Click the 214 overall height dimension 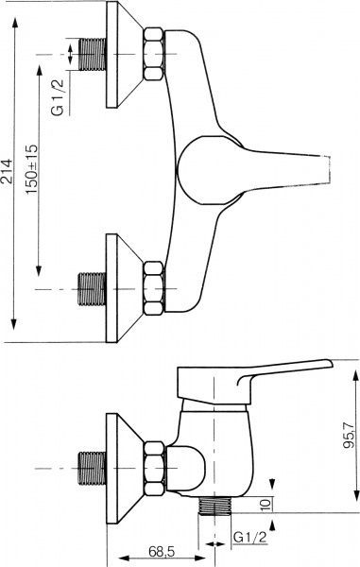tap(8, 172)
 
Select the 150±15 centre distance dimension tap(32, 169)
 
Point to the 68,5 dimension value tap(162, 551)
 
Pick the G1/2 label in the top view tap(57, 97)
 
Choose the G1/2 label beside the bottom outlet tap(249, 538)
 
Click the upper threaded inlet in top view tap(93, 54)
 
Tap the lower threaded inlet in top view tap(93, 289)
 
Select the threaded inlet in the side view tap(93, 469)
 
